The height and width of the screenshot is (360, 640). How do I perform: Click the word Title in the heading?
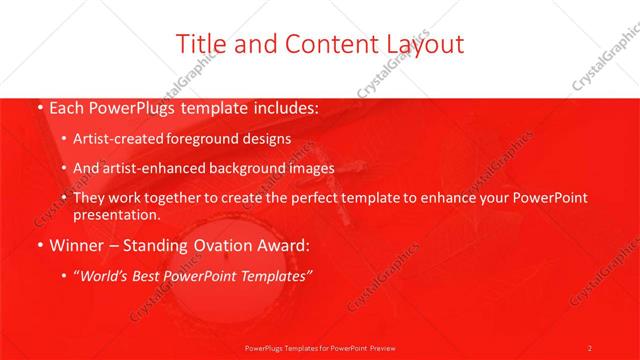(x=199, y=43)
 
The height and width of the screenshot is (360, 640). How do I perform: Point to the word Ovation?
(x=216, y=245)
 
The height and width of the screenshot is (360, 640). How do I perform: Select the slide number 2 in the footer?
(x=589, y=347)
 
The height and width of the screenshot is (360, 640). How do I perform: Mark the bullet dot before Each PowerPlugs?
(x=39, y=106)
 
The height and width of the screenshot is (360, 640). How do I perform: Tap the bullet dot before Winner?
(x=39, y=245)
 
